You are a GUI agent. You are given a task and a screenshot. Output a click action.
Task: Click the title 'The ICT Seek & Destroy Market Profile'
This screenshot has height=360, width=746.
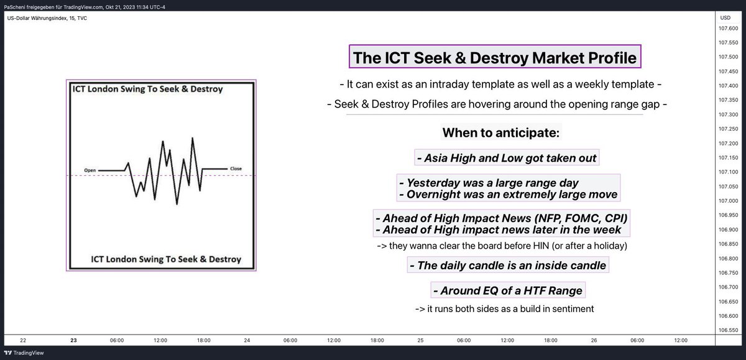pos(495,58)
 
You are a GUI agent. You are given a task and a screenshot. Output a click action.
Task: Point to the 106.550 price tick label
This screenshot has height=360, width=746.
pos(727,330)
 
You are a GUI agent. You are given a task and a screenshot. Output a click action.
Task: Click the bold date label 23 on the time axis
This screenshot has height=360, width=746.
pos(73,340)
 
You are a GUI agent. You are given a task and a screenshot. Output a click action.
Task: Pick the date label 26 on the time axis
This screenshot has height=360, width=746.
pos(594,340)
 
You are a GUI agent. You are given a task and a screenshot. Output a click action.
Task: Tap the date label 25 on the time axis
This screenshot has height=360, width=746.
pos(421,340)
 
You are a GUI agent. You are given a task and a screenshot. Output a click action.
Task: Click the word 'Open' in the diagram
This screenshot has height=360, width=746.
pos(91,170)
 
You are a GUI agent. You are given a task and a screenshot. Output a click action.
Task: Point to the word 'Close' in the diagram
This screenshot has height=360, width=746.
pos(236,168)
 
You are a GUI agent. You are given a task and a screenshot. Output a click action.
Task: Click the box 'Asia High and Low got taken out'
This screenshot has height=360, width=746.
pos(507,158)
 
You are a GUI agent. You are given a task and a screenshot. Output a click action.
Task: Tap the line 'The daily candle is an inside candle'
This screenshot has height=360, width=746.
pos(508,266)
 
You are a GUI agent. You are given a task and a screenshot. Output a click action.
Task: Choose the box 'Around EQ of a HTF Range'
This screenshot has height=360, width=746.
pos(507,290)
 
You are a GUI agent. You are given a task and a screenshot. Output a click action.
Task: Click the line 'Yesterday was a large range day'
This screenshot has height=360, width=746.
pos(489,183)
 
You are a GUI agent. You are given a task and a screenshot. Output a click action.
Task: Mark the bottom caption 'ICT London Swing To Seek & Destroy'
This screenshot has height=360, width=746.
pos(166,259)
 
